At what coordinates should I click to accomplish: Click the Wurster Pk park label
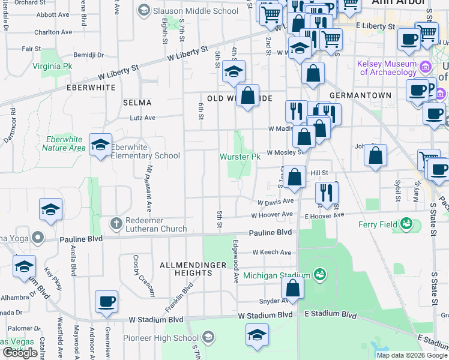click(x=240, y=157)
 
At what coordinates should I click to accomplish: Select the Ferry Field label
click(x=380, y=224)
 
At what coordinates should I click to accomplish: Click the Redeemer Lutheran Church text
click(x=156, y=224)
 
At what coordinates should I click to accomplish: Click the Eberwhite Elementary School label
click(x=146, y=151)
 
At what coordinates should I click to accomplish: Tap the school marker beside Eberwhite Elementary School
click(x=100, y=144)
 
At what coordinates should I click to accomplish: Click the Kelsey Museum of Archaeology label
click(x=387, y=68)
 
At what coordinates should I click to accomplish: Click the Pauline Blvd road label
click(x=271, y=232)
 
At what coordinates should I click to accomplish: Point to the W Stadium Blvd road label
click(x=265, y=315)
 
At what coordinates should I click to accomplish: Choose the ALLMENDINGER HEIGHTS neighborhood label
click(x=185, y=268)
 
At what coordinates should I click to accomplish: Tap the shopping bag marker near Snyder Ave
click(x=292, y=288)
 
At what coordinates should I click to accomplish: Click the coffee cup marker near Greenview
click(x=106, y=302)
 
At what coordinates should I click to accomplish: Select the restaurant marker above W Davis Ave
click(x=327, y=192)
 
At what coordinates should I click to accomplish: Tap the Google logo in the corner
click(x=20, y=353)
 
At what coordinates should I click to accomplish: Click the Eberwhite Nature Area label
click(x=65, y=143)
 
